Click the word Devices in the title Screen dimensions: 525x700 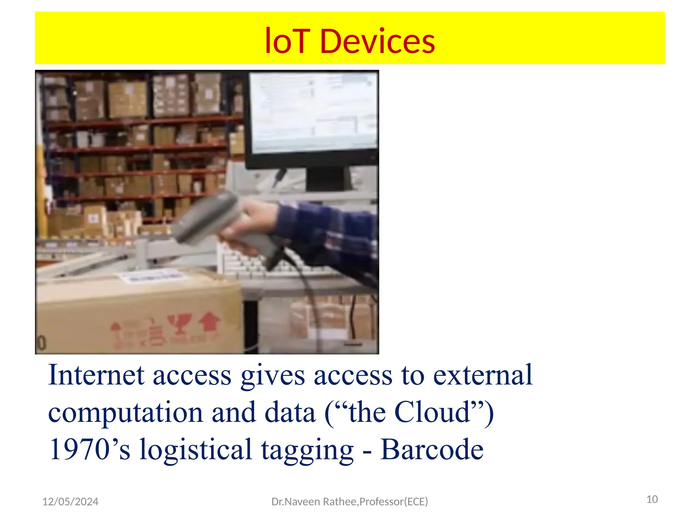click(377, 42)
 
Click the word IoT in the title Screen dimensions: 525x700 click(287, 42)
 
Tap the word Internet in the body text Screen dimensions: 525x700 click(96, 375)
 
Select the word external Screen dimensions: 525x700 click(483, 375)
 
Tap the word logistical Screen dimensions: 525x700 click(196, 450)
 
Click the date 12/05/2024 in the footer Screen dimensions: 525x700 click(70, 501)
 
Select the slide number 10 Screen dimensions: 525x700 click(652, 499)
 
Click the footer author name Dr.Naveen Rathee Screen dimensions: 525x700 click(314, 501)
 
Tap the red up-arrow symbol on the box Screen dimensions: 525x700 click(209, 321)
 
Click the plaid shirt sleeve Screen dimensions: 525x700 click(328, 232)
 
